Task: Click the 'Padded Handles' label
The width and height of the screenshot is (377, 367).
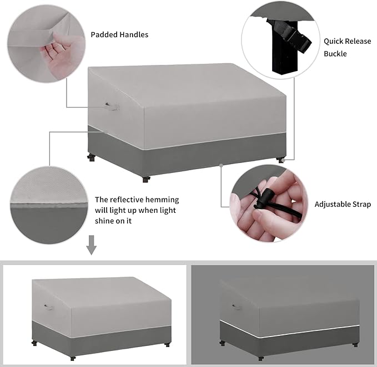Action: coord(119,34)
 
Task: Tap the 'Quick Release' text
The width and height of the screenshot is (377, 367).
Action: coord(348,41)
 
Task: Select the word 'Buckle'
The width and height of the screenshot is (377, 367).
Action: coord(335,54)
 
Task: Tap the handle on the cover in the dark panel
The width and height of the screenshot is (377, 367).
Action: coord(237,305)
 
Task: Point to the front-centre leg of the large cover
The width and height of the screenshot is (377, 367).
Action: coord(146,179)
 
